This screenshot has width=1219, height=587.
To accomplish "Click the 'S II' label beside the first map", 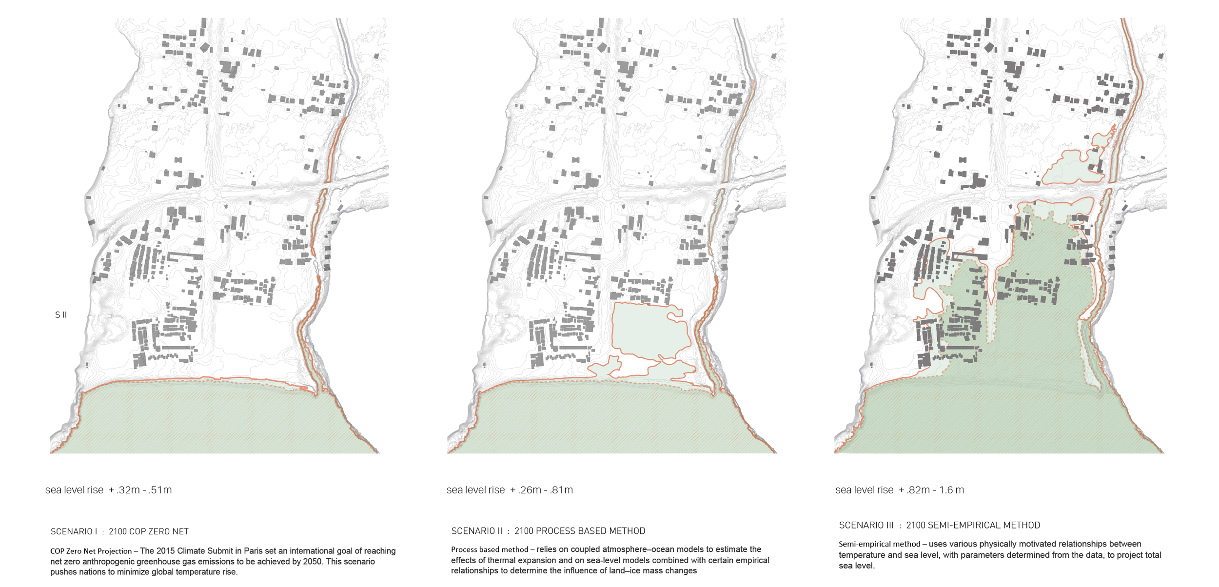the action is (61, 315).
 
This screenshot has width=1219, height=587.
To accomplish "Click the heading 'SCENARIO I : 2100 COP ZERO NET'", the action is (119, 531).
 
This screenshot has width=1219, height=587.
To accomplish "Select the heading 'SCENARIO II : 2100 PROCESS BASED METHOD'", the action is (548, 531).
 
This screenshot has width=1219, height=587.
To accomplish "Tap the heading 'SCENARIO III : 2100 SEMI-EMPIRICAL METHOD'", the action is (939, 525).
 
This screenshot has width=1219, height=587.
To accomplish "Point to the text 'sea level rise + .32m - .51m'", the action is (108, 490).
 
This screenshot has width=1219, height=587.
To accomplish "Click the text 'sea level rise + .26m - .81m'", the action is (510, 490).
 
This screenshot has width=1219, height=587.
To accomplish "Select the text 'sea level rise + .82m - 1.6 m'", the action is (900, 490).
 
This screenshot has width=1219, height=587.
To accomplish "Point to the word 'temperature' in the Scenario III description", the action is (861, 555).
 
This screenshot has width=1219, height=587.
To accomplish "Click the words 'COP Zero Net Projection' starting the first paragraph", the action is (91, 551).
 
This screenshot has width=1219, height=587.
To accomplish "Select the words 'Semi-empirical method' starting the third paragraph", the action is (879, 544).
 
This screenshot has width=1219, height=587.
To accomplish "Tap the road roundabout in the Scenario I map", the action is (210, 196).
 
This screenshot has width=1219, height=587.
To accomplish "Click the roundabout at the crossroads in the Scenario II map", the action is (608, 196).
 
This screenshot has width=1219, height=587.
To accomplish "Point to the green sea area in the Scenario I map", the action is (215, 419).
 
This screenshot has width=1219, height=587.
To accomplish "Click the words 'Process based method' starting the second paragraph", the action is (490, 549).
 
